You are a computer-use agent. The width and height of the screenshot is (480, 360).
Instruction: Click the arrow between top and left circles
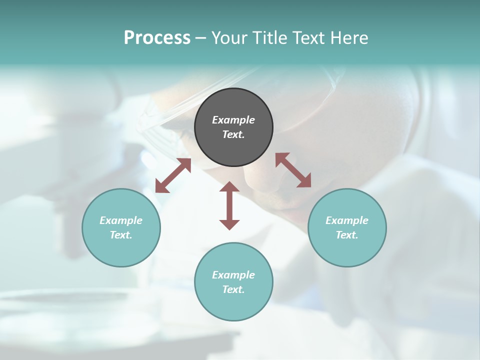tap(173, 175)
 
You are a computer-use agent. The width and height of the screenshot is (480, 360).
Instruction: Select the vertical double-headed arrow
tap(229, 205)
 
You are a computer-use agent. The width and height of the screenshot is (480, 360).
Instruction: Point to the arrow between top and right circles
tap(293, 170)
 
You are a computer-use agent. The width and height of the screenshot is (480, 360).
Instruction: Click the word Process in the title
tap(157, 38)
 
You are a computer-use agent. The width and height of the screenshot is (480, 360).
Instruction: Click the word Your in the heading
tap(229, 38)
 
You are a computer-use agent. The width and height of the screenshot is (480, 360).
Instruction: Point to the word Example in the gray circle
tap(233, 120)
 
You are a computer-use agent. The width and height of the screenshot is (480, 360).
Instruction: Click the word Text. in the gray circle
tap(233, 134)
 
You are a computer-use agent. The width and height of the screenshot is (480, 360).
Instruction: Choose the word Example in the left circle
tap(121, 220)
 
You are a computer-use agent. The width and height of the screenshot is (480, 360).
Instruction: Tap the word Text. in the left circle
tap(121, 235)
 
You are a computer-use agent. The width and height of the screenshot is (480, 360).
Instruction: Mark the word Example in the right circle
tap(347, 220)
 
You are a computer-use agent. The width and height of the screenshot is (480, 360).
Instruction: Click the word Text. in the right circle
tap(347, 235)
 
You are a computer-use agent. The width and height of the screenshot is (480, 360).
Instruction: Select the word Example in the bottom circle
tap(233, 275)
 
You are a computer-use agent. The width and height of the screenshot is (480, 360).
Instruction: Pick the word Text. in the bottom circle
tap(233, 289)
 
